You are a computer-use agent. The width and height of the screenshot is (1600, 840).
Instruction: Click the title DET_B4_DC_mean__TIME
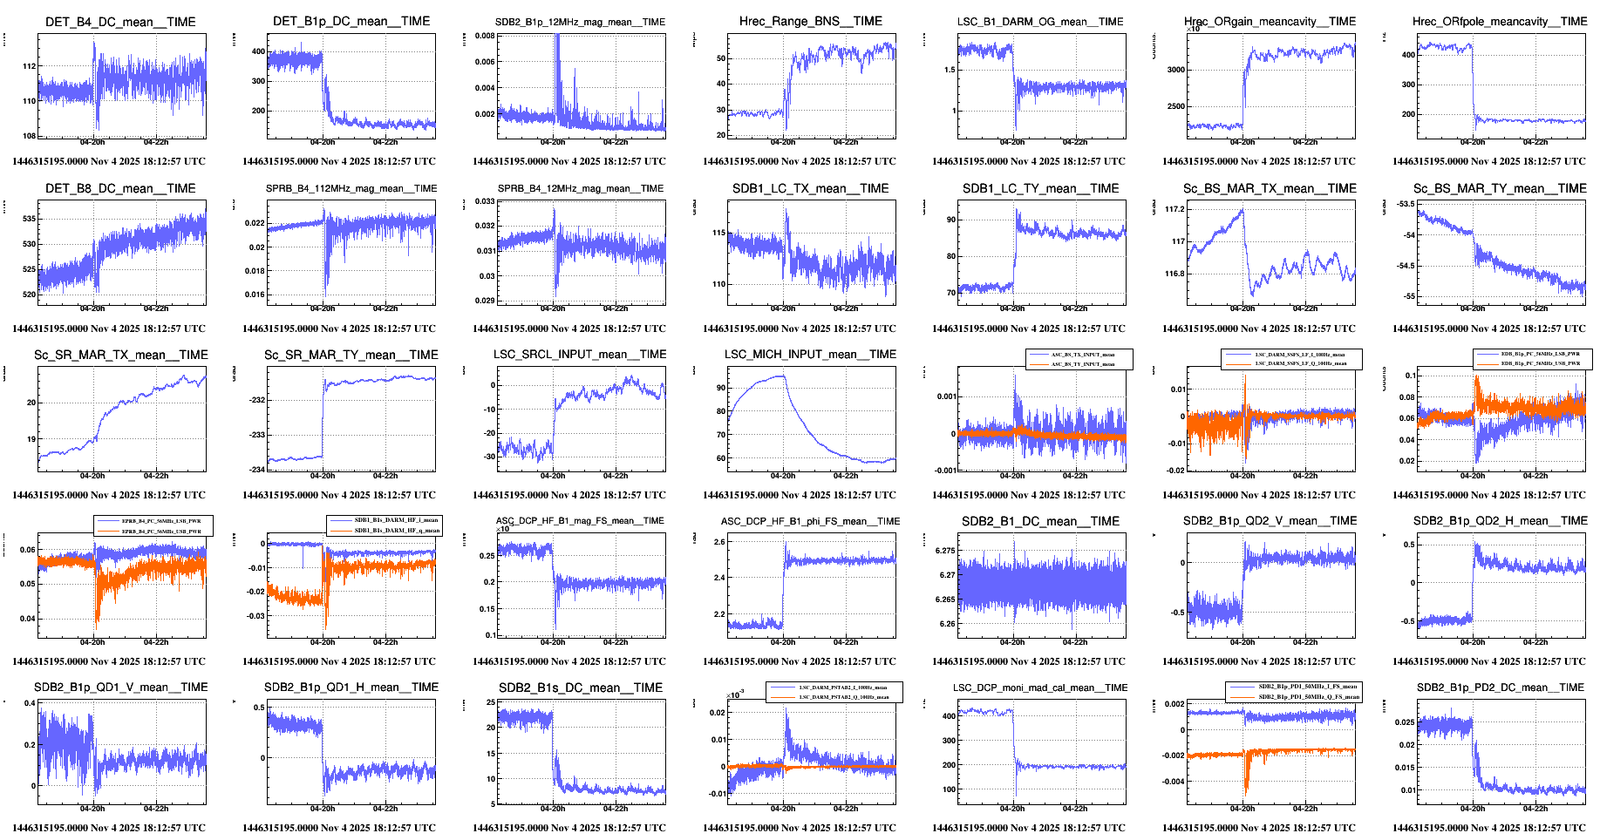tap(120, 22)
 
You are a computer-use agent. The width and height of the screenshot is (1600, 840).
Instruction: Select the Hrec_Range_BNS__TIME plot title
tap(811, 21)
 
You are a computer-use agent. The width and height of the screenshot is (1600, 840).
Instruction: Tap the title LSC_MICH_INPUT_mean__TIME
tap(810, 354)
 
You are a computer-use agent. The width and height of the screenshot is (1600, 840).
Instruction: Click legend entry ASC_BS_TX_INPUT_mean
tap(1082, 355)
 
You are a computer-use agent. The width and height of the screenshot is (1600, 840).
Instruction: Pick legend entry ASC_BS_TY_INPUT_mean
tap(1082, 364)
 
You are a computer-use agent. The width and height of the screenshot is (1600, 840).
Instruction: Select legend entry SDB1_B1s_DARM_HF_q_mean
tap(396, 530)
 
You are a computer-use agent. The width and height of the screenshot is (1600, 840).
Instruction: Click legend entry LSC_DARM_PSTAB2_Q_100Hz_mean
tap(843, 697)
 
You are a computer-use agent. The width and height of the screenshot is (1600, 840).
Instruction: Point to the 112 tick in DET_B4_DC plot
tap(30, 66)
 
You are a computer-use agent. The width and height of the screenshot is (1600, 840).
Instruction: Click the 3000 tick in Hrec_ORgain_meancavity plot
tap(1176, 70)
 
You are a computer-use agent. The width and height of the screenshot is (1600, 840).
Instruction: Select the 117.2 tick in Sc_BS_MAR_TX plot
tap(1174, 209)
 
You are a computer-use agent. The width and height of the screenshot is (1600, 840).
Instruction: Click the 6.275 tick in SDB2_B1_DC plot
tap(945, 551)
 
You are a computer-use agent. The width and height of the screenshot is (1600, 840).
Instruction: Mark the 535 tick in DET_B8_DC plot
tap(30, 219)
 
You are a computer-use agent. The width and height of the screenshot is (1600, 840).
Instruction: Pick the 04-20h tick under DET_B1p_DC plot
tap(323, 142)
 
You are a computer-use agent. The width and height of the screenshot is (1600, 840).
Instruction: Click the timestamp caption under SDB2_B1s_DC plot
tap(569, 828)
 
